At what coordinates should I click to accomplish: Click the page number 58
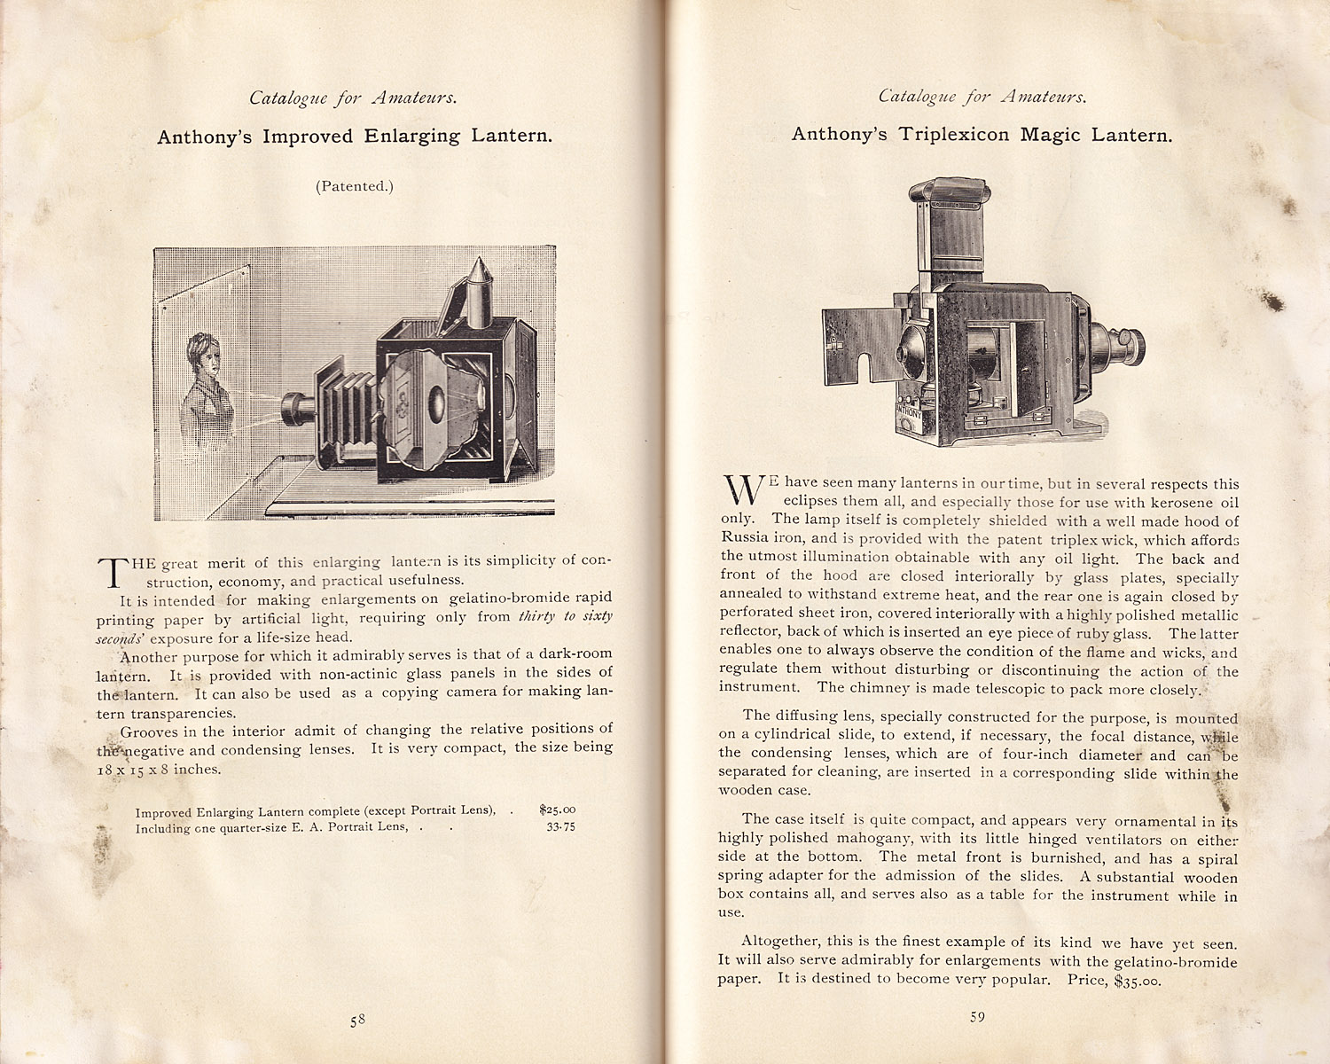pyautogui.click(x=357, y=1020)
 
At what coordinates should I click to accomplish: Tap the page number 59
pyautogui.click(x=977, y=1017)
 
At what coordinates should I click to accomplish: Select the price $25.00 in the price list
pyautogui.click(x=557, y=809)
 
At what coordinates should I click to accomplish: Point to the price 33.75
pyautogui.click(x=560, y=826)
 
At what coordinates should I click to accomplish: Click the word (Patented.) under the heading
pyautogui.click(x=354, y=186)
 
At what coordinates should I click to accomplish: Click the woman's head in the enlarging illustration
pyautogui.click(x=205, y=353)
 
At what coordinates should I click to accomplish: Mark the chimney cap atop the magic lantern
pyautogui.click(x=949, y=192)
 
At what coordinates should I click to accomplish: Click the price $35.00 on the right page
pyautogui.click(x=1137, y=980)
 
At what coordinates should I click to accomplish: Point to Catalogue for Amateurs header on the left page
pyautogui.click(x=353, y=98)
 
